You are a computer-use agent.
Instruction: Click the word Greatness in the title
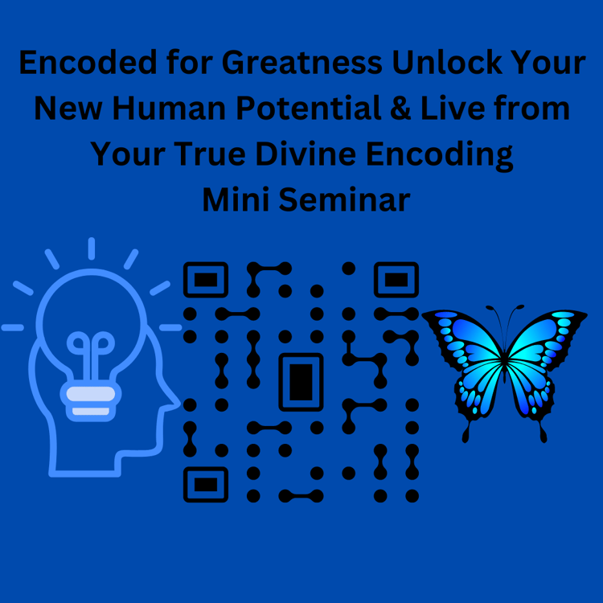click(x=301, y=64)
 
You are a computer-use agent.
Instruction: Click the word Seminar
click(x=345, y=199)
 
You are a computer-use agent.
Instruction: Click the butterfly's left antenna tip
click(x=489, y=308)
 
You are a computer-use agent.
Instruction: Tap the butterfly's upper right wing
click(x=546, y=338)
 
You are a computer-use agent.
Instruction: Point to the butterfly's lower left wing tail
click(x=466, y=433)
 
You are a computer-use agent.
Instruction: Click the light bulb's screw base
click(x=91, y=400)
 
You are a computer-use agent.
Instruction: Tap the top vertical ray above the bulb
click(x=92, y=248)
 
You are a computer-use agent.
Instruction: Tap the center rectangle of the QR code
click(x=301, y=382)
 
